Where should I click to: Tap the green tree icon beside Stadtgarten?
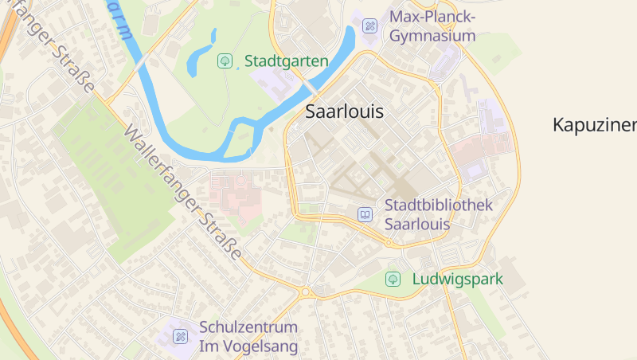[225, 61]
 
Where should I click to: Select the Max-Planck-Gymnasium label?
[432, 26]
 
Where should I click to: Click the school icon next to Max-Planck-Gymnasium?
[369, 25]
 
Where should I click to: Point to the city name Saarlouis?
[344, 112]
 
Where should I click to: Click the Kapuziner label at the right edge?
[594, 125]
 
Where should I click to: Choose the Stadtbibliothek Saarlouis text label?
[439, 214]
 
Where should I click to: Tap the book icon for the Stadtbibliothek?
[365, 214]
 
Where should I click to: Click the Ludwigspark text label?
[457, 280]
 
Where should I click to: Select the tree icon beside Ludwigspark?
[393, 279]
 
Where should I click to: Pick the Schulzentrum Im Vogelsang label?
[248, 337]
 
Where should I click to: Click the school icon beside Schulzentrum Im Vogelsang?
[181, 336]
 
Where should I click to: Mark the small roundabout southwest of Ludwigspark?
[304, 292]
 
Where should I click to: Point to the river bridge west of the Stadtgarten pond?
[141, 61]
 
